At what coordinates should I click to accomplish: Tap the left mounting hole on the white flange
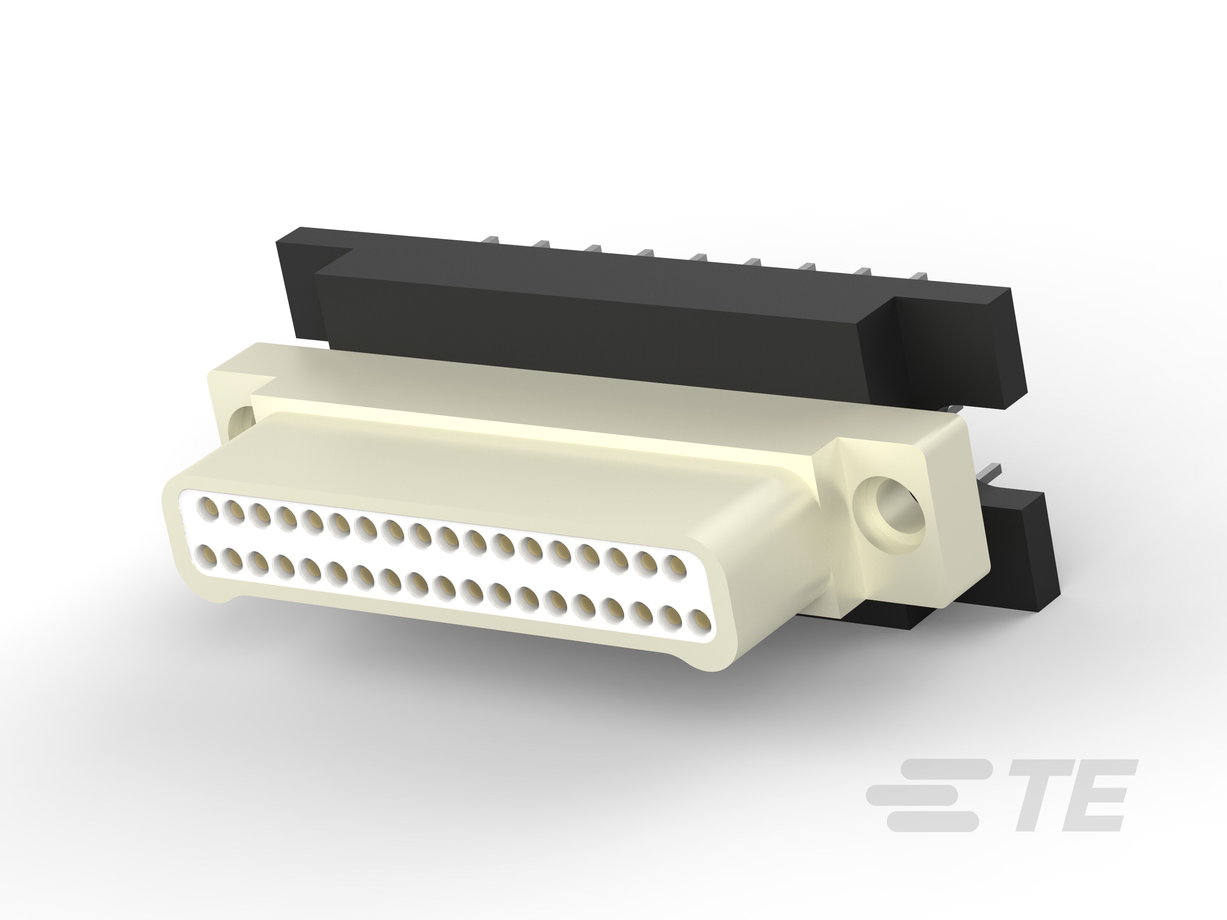tap(242, 422)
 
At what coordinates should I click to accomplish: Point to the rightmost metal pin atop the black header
tap(919, 276)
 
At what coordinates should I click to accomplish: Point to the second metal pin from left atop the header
tap(542, 244)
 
